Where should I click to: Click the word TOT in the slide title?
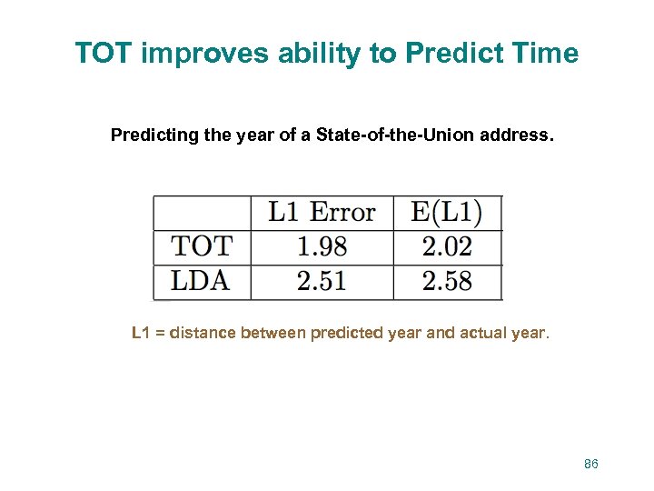[x=104, y=54]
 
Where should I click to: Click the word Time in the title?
[x=544, y=54]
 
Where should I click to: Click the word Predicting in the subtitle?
[x=152, y=135]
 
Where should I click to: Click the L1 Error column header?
[x=322, y=213]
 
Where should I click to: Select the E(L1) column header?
[x=446, y=213]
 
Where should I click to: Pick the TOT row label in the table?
[x=202, y=246]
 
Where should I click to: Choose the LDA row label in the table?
[x=201, y=281]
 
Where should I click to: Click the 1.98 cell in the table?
[x=322, y=246]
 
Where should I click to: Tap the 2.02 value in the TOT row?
[x=447, y=246]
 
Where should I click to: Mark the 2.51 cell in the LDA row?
[x=322, y=281]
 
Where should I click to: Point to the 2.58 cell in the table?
[x=447, y=281]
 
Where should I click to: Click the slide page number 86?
[x=591, y=464]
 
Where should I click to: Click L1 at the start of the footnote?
[x=141, y=333]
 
